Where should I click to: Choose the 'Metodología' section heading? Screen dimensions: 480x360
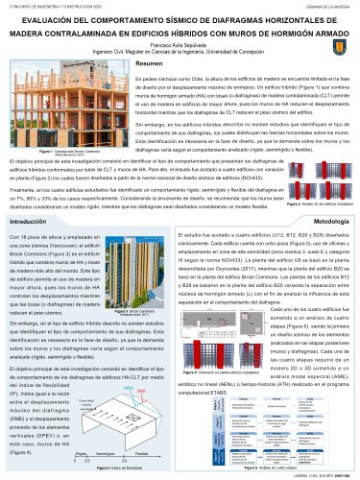[326, 248]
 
